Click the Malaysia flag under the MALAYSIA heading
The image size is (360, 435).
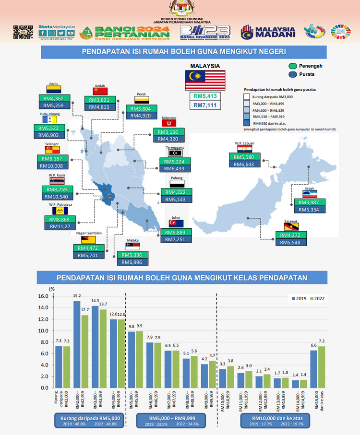click(x=205, y=80)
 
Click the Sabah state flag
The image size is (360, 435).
click(x=309, y=194)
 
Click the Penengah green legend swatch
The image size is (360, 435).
click(x=292, y=66)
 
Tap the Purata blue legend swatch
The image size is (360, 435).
click(x=292, y=74)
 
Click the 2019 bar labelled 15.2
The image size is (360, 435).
click(x=76, y=344)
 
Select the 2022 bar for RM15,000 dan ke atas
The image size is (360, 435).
click(x=321, y=367)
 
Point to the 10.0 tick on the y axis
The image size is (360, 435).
click(x=43, y=331)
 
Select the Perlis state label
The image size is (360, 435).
click(x=53, y=83)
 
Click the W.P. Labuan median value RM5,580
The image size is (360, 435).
click(x=247, y=157)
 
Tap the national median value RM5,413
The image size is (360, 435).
click(x=205, y=95)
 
